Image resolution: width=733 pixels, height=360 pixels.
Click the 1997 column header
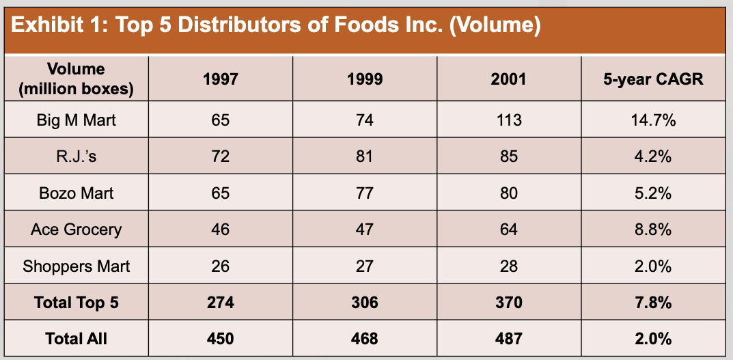(220, 79)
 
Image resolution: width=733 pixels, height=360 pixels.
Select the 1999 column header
(365, 79)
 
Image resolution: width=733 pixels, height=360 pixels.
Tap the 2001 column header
(509, 79)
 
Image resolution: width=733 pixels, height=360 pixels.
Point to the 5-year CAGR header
(653, 79)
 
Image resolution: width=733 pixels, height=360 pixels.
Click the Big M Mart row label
(77, 120)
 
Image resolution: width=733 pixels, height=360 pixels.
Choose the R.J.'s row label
(77, 156)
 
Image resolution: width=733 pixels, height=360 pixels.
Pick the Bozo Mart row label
(77, 193)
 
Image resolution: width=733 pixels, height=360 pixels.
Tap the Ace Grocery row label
(77, 230)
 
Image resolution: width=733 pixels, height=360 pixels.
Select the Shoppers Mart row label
(77, 266)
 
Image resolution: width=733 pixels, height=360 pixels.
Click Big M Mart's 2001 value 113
(509, 120)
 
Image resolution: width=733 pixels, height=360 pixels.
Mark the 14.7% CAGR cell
(653, 120)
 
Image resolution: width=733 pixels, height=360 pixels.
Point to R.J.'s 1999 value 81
(365, 156)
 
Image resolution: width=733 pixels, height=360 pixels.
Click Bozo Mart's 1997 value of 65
(220, 193)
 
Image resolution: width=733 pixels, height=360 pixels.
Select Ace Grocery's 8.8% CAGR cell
(653, 230)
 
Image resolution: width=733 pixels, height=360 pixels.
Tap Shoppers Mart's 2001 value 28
(509, 266)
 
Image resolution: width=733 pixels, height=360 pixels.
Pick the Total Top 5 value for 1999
(365, 303)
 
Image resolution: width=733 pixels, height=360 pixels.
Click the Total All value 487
(509, 339)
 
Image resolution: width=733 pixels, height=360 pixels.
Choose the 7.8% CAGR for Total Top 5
(653, 303)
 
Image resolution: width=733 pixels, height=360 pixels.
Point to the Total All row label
(77, 339)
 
